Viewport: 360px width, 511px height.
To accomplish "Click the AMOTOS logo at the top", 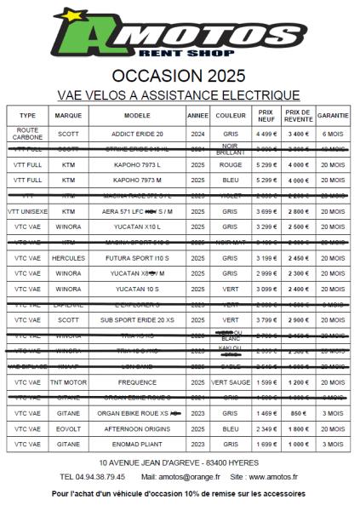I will click(179, 33).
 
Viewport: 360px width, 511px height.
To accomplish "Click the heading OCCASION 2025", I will click(179, 73).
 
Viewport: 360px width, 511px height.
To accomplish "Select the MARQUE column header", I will click(68, 115).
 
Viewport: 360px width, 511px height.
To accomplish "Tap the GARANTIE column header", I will click(332, 115).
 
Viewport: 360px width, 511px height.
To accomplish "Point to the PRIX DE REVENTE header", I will click(298, 115).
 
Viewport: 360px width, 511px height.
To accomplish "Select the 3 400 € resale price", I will click(298, 134).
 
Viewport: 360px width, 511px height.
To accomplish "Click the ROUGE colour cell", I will click(230, 164).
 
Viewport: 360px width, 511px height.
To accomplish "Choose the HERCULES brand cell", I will click(68, 257).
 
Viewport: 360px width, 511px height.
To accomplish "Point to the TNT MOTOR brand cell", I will click(68, 382).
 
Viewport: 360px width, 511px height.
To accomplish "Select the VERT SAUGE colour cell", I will click(230, 382).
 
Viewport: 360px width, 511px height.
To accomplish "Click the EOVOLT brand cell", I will click(68, 428).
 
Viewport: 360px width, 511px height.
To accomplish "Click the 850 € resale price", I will click(298, 413).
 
